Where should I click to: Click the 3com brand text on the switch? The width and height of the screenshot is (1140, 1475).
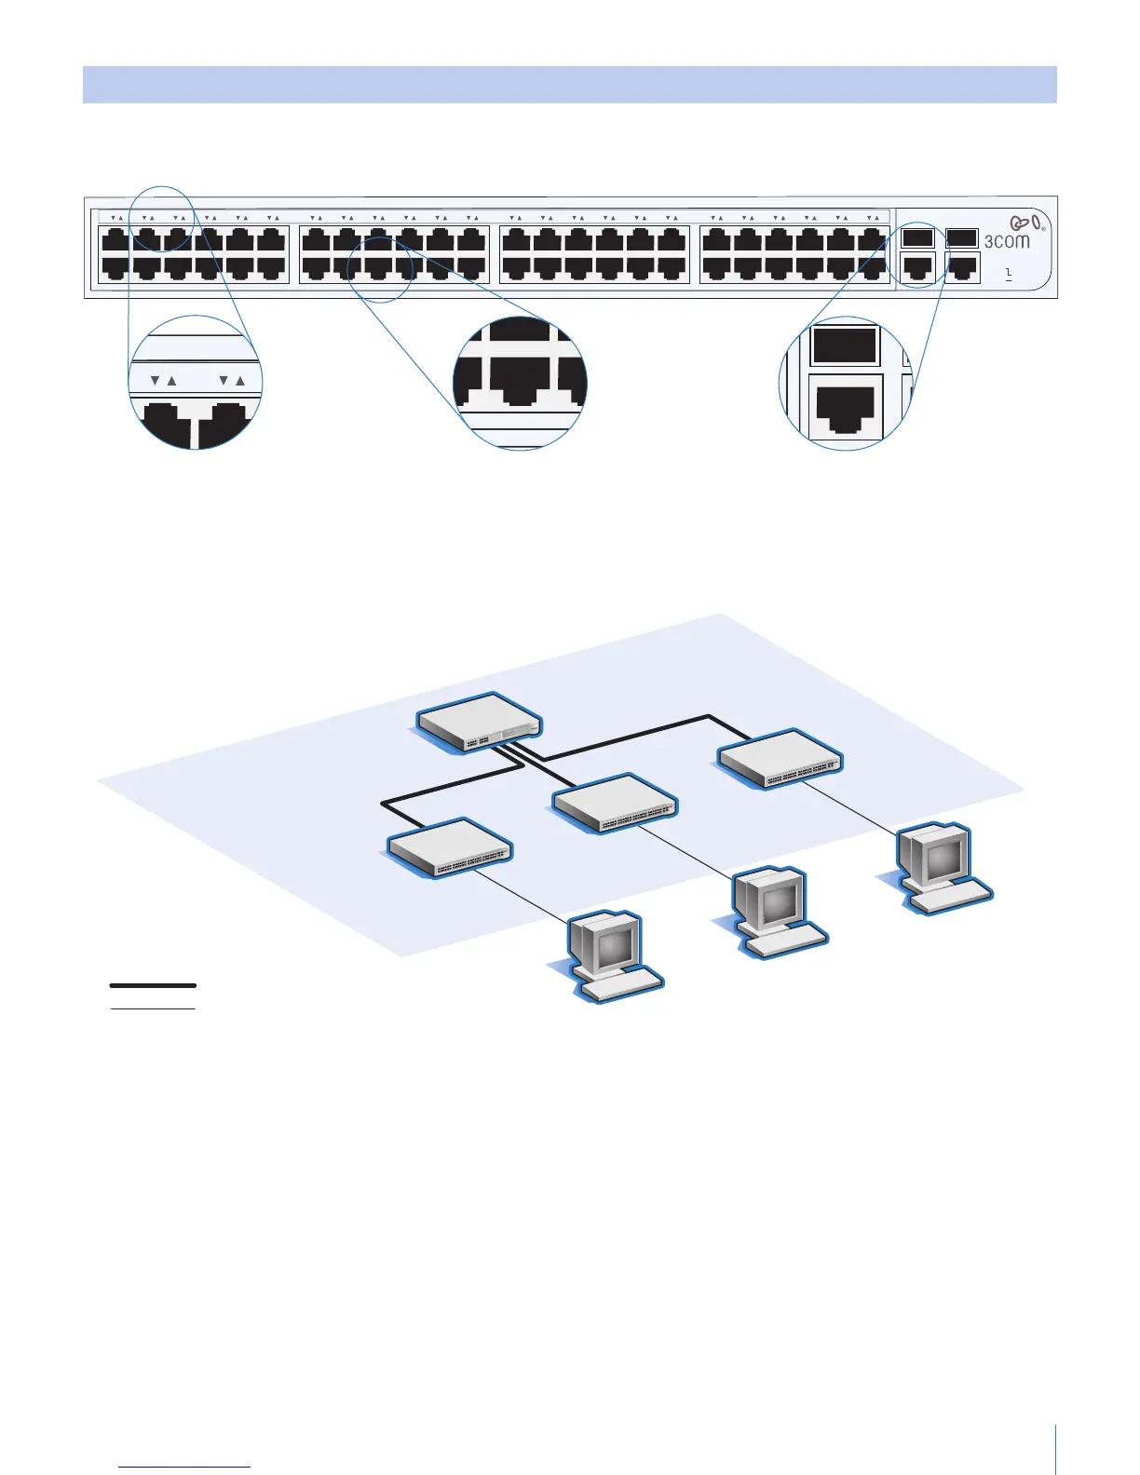(x=1007, y=241)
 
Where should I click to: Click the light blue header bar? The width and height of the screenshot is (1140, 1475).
(x=569, y=84)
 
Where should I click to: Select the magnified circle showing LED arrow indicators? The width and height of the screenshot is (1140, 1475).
(x=196, y=382)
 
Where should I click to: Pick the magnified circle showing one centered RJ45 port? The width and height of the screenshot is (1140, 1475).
(x=520, y=383)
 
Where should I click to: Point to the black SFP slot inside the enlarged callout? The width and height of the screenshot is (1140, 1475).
(x=845, y=345)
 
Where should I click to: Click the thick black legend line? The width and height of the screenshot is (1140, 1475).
(x=153, y=984)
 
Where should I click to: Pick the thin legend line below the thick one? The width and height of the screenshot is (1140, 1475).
(x=153, y=1008)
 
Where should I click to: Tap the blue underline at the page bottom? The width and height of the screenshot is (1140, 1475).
(x=184, y=1468)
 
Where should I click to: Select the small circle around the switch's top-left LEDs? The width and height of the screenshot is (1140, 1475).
(x=161, y=219)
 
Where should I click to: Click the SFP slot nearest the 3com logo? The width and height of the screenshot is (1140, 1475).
(x=961, y=237)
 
